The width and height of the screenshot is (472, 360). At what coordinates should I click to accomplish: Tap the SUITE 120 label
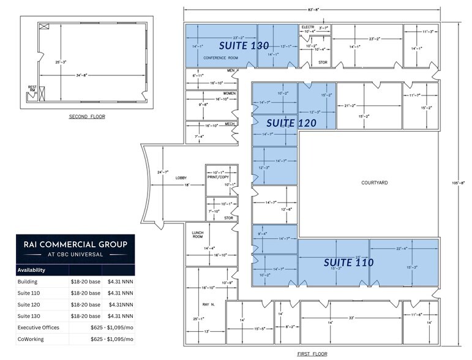[291, 123]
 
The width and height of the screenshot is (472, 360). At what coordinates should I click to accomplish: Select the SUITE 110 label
[348, 262]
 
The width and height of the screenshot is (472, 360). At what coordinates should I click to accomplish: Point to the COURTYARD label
[374, 182]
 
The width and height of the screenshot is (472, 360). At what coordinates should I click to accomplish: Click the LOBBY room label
[181, 178]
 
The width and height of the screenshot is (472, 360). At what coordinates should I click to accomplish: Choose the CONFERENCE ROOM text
[220, 58]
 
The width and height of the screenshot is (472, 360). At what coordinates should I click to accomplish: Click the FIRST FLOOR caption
[312, 354]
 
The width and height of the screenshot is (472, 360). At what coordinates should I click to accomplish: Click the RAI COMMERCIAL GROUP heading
[75, 244]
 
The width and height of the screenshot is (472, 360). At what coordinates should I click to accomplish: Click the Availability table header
[31, 269]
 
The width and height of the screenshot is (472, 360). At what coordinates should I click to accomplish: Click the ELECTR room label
[307, 28]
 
